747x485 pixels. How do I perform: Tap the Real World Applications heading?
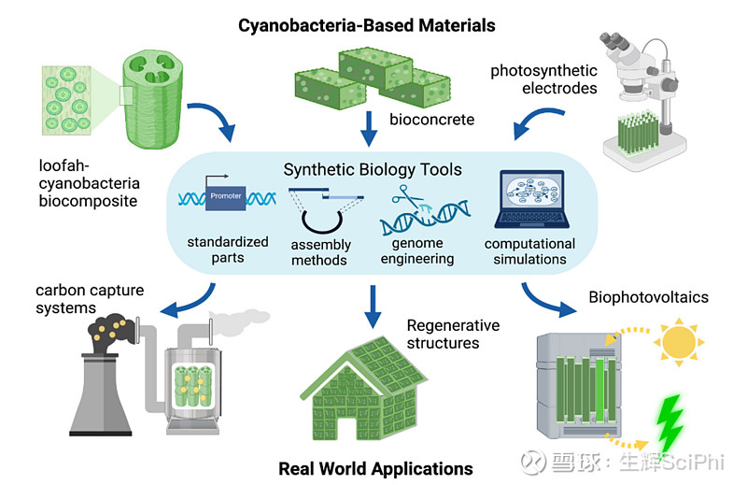click(375, 467)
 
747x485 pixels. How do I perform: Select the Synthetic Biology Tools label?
click(373, 170)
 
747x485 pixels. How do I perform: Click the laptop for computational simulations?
click(529, 201)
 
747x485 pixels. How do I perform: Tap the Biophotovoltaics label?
click(648, 298)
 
